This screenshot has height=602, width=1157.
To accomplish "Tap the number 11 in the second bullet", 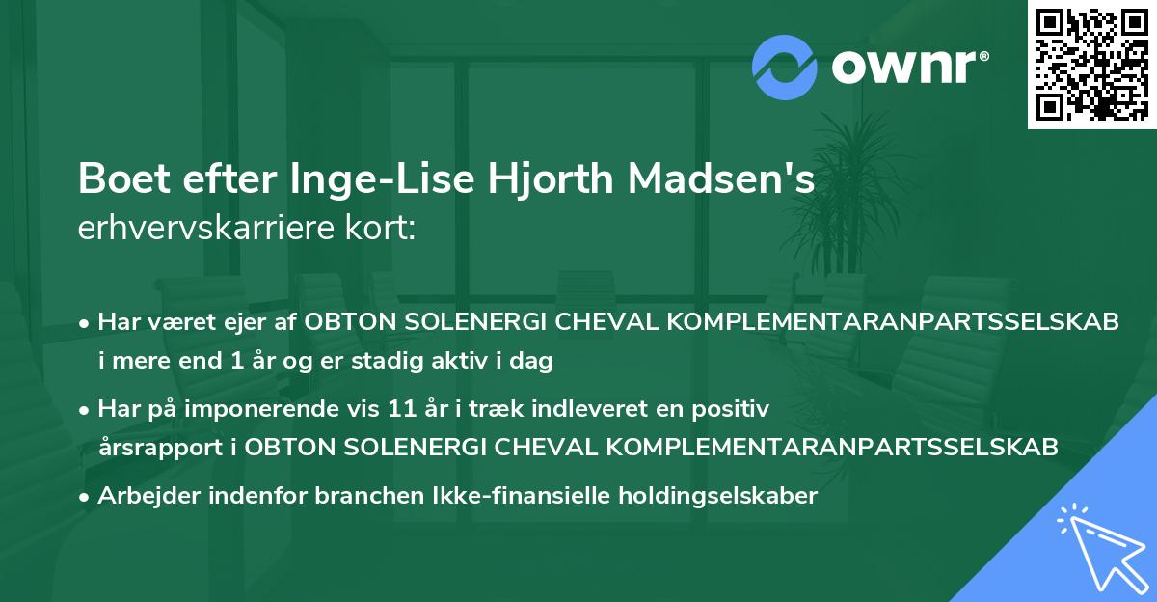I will [x=433, y=409].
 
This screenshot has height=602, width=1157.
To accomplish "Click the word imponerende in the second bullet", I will [x=271, y=409].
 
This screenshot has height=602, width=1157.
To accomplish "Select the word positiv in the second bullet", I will [x=737, y=409].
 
